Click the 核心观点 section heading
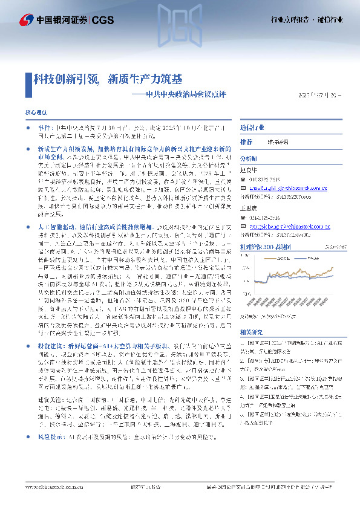coord(35,112)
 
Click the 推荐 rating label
coord(246,142)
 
